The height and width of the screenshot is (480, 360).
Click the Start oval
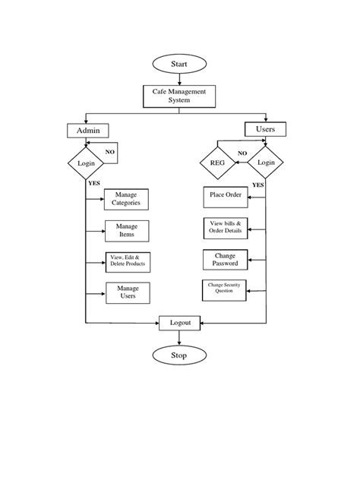(179, 64)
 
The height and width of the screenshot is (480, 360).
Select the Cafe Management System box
(179, 96)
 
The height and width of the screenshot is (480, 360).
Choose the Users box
(265, 129)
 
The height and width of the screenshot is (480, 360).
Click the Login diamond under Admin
(85, 163)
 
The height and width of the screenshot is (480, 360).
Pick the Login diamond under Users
(266, 162)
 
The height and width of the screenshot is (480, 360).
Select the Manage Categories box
(126, 199)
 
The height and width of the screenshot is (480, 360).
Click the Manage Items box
(126, 230)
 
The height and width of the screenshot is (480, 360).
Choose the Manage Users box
(127, 292)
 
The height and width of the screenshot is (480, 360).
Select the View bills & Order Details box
(226, 227)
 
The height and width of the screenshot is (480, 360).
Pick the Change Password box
(226, 259)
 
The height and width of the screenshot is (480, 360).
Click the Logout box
(180, 323)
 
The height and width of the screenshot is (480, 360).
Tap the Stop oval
(179, 354)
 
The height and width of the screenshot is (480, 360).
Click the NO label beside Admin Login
(110, 152)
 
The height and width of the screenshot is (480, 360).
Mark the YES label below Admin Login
(94, 184)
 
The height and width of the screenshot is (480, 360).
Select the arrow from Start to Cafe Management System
(179, 79)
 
